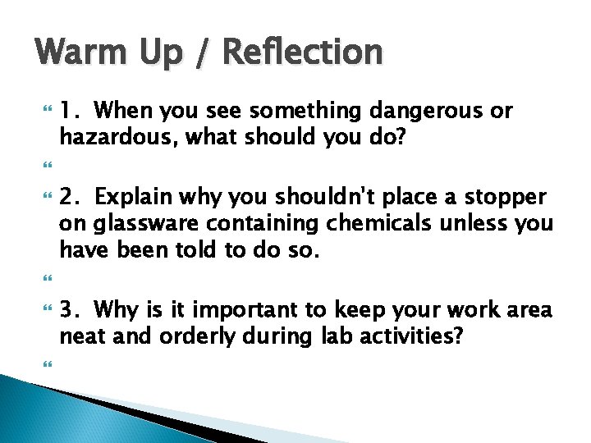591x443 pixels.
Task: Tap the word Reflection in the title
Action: click(302, 53)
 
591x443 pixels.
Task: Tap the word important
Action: click(241, 311)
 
